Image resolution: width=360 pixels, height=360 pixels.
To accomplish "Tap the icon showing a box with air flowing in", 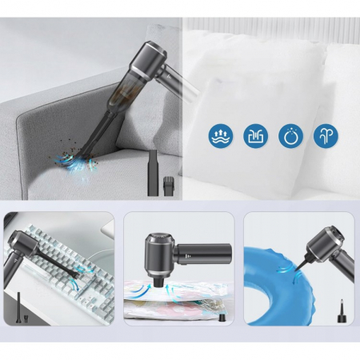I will click(x=255, y=134).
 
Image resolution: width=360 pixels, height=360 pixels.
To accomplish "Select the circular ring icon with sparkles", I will click(x=290, y=134).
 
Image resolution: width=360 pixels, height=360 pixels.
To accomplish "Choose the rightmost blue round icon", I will click(x=325, y=134).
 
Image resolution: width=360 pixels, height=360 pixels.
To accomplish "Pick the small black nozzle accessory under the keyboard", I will click(x=19, y=305).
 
